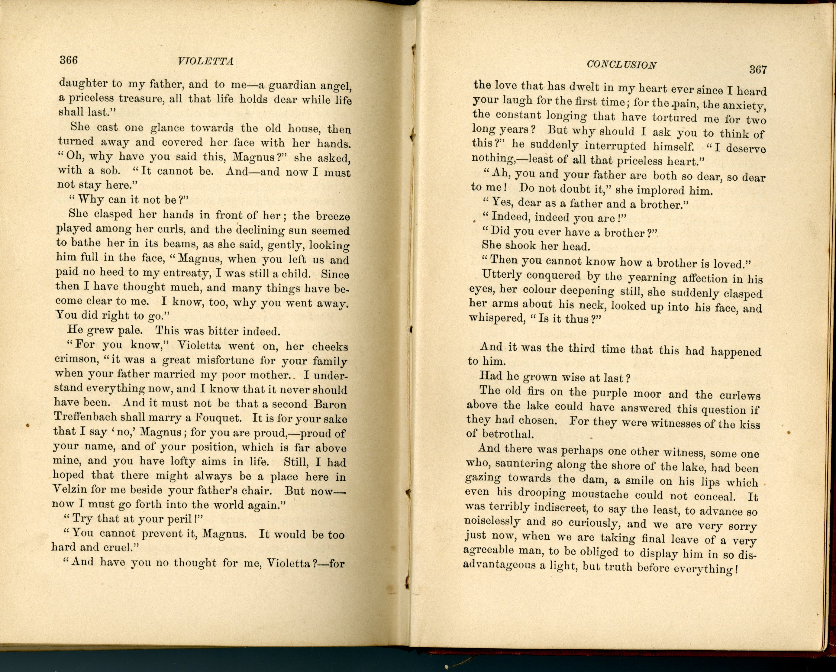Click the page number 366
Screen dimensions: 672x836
(69, 60)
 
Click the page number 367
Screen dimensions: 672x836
(758, 70)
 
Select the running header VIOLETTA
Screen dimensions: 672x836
(205, 61)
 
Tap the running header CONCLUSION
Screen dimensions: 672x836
(621, 64)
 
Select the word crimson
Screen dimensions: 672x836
(76, 359)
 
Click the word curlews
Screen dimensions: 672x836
(740, 396)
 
